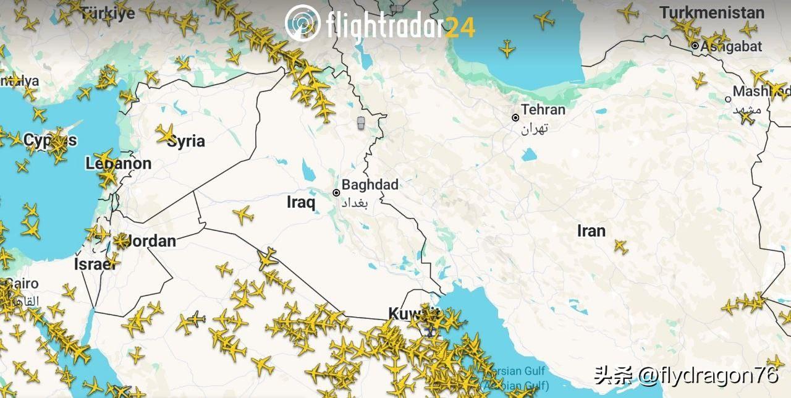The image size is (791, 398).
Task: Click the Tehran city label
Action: pyautogui.click(x=543, y=110)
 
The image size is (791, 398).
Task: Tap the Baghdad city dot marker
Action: pyautogui.click(x=336, y=193)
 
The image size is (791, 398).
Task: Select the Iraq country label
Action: pyautogui.click(x=301, y=202)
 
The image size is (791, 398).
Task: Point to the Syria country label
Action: pyautogui.click(x=186, y=142)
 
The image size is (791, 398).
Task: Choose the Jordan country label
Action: pyautogui.click(x=148, y=241)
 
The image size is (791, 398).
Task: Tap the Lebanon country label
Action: pyautogui.click(x=118, y=164)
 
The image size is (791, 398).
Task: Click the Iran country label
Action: pyautogui.click(x=591, y=231)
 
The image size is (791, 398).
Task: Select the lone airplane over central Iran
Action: pyautogui.click(x=620, y=246)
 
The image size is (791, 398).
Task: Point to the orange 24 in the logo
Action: pyautogui.click(x=460, y=27)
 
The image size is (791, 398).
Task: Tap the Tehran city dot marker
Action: pyautogui.click(x=515, y=117)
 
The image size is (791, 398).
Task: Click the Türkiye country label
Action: pyautogui.click(x=108, y=12)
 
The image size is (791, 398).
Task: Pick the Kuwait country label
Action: pyautogui.click(x=411, y=313)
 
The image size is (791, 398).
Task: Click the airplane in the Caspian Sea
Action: pyautogui.click(x=507, y=48)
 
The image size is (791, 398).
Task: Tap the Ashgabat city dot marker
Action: pyautogui.click(x=695, y=46)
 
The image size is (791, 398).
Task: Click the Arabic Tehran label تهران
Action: pyautogui.click(x=535, y=129)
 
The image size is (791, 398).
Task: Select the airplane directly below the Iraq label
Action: pyautogui.click(x=243, y=215)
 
